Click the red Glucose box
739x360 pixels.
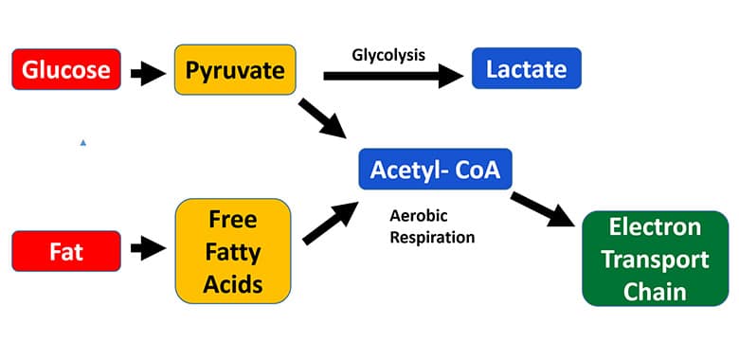66,70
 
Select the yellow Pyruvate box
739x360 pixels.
235,70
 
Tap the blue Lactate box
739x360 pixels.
526,70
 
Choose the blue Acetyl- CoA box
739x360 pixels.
435,170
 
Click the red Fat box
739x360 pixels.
66,250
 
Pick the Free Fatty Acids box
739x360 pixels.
233,251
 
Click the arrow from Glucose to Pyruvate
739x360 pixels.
148,71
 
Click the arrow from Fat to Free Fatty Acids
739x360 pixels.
148,250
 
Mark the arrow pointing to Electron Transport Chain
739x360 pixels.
544,209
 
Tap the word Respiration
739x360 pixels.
431,237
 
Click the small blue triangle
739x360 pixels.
83,142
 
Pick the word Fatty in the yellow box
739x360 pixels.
233,251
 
